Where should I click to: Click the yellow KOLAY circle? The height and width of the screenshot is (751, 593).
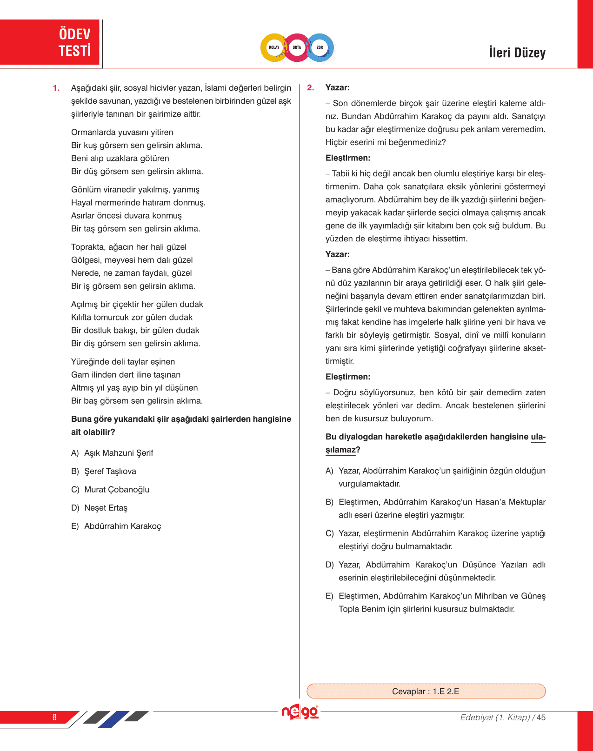[274, 47]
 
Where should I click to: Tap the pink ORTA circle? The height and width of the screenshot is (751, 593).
[297, 47]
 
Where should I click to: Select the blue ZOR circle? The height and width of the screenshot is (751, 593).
[320, 47]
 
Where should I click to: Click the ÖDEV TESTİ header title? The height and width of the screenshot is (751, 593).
[74, 42]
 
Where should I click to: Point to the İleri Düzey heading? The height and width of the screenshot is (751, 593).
[517, 53]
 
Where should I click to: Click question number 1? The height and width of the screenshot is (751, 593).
[56, 88]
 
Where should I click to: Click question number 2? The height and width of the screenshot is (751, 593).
[311, 87]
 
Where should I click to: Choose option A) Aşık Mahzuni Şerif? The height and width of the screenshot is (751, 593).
[112, 453]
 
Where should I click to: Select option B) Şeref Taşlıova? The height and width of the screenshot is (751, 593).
[104, 471]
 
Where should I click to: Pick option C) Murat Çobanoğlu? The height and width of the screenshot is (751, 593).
[110, 489]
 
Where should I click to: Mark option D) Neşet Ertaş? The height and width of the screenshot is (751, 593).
[99, 508]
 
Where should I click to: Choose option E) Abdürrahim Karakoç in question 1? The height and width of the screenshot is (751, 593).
[116, 526]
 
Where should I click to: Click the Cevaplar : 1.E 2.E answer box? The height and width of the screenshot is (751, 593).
[426, 691]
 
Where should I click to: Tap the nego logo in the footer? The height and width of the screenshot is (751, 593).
[300, 712]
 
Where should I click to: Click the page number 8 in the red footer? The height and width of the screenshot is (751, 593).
[54, 717]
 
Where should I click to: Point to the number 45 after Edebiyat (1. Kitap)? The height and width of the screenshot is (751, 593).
[541, 717]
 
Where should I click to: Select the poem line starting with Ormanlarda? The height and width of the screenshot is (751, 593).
[122, 132]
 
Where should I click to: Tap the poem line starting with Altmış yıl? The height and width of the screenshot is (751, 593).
[134, 387]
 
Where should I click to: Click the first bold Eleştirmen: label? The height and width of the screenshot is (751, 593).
[348, 158]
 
